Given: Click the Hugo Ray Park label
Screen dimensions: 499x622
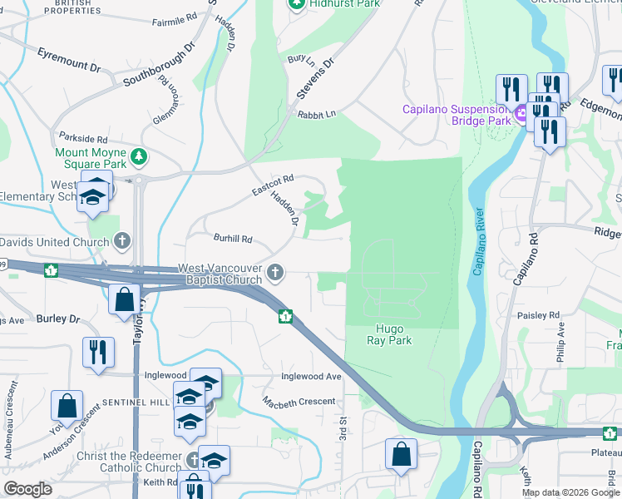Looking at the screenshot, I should [x=389, y=334].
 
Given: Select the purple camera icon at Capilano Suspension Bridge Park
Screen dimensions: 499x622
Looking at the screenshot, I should [x=521, y=114].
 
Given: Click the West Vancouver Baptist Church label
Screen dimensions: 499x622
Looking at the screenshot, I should [x=220, y=274].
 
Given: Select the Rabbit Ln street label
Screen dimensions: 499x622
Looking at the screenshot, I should [x=317, y=114].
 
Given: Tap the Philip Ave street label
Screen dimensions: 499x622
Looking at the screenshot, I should [x=560, y=341].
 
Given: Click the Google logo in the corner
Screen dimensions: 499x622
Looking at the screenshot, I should [x=27, y=489].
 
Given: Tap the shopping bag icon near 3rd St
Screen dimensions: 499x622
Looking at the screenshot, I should [x=401, y=455].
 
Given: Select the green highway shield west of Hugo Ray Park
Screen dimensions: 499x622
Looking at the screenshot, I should [x=285, y=315].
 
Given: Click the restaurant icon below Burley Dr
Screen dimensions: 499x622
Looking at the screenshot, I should [x=97, y=352].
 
